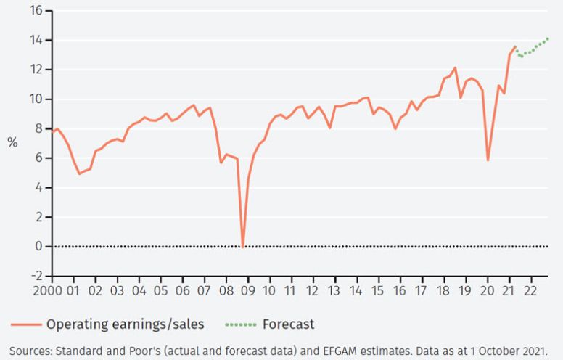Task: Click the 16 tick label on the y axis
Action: [36, 11]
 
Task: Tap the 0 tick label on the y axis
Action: [38, 247]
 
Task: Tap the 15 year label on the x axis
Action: [377, 290]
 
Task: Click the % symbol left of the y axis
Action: [12, 143]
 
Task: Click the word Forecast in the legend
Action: [289, 324]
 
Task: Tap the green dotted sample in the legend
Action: [240, 324]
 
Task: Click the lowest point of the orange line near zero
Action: [242, 247]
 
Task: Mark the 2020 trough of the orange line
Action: [488, 160]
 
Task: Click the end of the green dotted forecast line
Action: [548, 38]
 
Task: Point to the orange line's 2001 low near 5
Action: [80, 173]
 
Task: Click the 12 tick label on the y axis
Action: [36, 70]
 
